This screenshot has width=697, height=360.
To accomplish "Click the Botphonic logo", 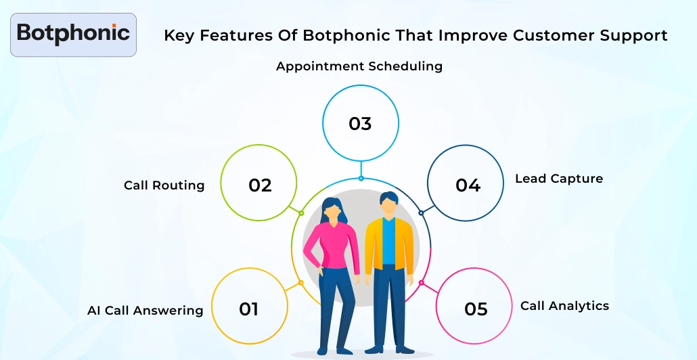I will click(73, 33).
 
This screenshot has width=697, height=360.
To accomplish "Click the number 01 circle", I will click(249, 309).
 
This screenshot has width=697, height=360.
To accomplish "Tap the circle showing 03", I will click(360, 124).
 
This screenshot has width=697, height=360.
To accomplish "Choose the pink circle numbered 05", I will click(475, 309).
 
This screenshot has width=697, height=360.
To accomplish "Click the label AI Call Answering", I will click(145, 311).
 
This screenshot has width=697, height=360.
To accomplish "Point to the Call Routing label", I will click(164, 185).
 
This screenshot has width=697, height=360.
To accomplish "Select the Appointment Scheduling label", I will click(359, 66).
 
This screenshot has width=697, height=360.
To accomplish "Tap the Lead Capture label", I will click(558, 179).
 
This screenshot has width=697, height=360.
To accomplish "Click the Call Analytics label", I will click(564, 306).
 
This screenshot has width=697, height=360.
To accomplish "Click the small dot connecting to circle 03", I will click(361, 179).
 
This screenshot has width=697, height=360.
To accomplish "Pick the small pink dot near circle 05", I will click(421, 283).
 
